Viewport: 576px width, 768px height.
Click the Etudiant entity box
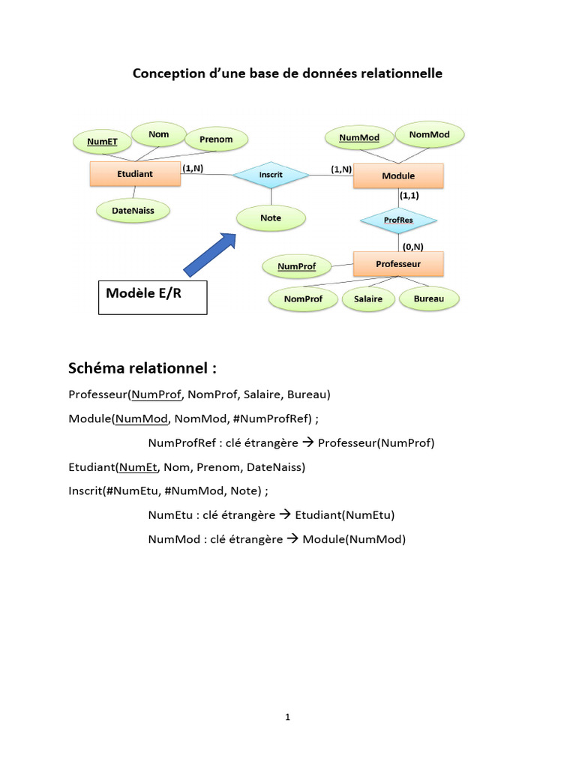coord(135,173)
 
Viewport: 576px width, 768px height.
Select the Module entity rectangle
coord(397,175)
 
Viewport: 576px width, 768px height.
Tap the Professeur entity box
coord(397,264)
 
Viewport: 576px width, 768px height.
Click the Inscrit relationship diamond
coord(271,175)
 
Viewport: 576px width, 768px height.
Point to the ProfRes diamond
coord(397,220)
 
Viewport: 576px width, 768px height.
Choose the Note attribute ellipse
coord(271,217)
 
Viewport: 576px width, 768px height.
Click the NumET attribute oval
coord(102,141)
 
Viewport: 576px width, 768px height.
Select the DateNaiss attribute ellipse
coord(133,211)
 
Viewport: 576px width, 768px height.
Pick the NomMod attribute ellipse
coord(430,135)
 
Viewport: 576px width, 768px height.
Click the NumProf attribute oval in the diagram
coord(296,266)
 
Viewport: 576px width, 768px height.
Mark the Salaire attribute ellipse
coord(363,298)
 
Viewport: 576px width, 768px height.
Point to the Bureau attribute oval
coord(428,298)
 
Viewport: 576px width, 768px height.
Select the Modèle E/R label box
coord(153,297)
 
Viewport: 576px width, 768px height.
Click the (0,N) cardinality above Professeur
coord(412,245)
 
